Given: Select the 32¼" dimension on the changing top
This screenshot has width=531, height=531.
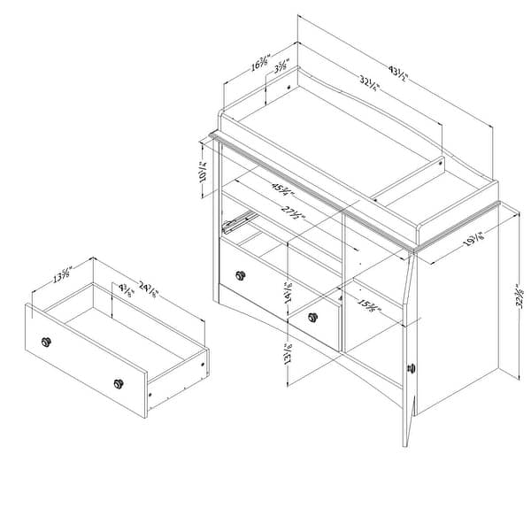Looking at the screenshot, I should tap(370, 86).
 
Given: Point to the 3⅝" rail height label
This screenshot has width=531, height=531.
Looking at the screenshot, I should tap(281, 66).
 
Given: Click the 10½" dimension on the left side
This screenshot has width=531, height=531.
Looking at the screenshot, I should tap(204, 170).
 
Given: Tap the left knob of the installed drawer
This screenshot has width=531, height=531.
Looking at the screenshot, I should tap(238, 275).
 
